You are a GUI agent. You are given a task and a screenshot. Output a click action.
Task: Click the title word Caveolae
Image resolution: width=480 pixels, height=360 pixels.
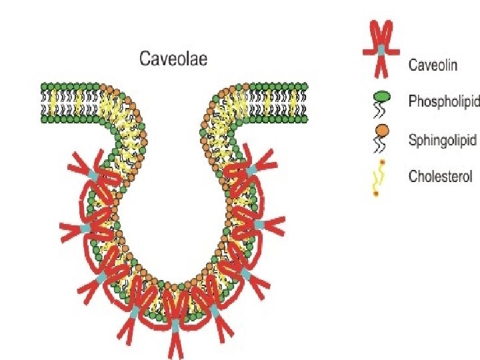point(173,59)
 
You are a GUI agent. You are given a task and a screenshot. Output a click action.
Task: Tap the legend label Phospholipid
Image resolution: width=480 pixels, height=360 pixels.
point(443,102)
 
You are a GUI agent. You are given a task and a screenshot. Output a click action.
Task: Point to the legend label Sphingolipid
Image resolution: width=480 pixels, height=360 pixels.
point(442,140)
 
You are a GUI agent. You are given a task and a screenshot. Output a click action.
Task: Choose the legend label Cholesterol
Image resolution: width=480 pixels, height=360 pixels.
point(440,177)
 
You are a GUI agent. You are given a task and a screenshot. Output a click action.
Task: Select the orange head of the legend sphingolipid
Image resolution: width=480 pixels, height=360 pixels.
point(380,133)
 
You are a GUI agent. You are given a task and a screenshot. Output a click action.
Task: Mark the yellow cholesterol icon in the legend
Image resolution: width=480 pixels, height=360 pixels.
point(379,179)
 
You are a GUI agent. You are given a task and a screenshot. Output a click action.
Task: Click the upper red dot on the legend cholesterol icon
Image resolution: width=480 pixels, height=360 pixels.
point(384,164)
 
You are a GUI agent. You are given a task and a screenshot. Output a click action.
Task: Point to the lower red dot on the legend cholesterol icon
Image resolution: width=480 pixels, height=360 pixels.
point(376,194)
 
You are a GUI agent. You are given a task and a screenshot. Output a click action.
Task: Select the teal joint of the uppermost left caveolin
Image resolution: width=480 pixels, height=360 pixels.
point(93,175)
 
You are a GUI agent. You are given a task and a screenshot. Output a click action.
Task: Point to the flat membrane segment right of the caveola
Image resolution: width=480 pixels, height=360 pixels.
point(280,103)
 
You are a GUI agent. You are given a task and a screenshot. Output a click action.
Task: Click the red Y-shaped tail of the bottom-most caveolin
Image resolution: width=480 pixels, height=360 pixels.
point(175,343)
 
